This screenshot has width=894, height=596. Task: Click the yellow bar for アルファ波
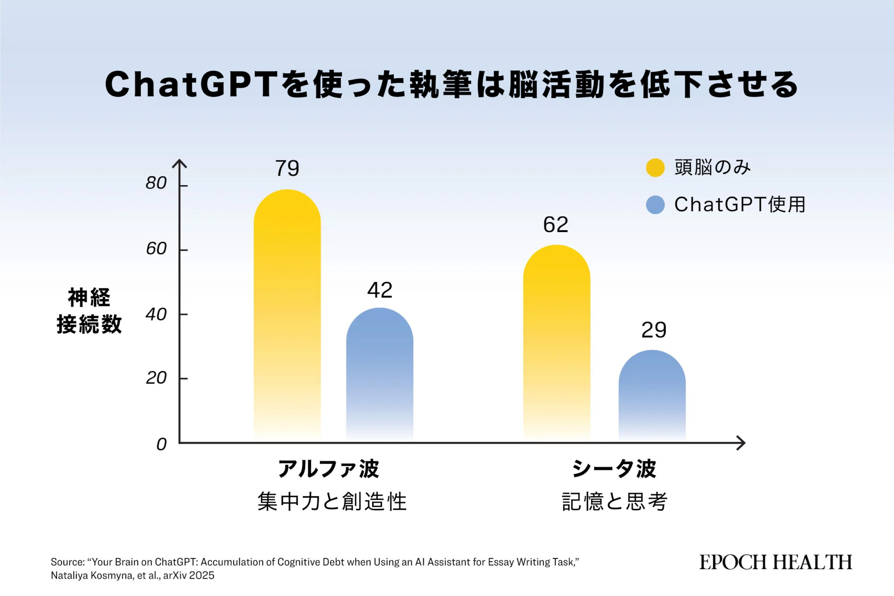coord(287,313)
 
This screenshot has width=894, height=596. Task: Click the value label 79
coord(287,169)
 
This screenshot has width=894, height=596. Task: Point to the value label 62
coord(556,224)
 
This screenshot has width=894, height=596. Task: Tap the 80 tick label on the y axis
coord(156,183)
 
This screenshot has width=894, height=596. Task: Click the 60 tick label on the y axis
coord(156,249)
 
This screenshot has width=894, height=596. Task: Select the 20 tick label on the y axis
coord(156,378)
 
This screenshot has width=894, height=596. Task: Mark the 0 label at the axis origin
coord(161,444)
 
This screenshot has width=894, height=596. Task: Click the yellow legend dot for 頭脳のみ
coord(655,168)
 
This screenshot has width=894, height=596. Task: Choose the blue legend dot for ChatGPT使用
coord(655,205)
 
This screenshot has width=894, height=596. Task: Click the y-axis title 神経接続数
coord(89,311)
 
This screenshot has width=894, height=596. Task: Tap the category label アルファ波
coord(329,469)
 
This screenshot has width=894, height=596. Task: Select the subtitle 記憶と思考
coord(614,502)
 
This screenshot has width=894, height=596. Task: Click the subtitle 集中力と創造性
coord(332,502)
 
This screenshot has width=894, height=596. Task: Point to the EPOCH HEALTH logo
coord(776,562)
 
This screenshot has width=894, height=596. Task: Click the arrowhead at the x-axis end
coord(742,443)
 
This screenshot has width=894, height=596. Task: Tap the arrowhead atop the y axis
coord(179,163)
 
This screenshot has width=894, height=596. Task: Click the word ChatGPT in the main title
coord(191,85)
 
